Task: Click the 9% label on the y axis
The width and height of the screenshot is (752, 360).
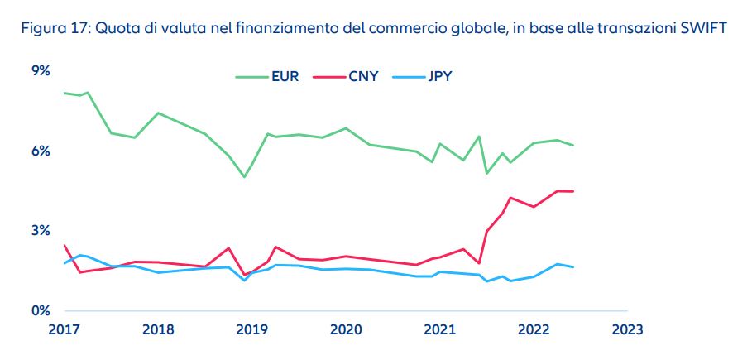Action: pyautogui.click(x=41, y=71)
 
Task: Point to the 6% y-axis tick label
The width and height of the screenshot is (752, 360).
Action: pyautogui.click(x=41, y=151)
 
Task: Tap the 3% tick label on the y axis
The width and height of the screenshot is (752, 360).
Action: pyautogui.click(x=41, y=231)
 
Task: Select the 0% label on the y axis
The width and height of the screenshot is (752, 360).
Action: pyautogui.click(x=41, y=310)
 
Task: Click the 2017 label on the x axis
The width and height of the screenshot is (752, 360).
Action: pyautogui.click(x=64, y=329)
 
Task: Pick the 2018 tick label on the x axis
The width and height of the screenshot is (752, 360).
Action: pyautogui.click(x=157, y=329)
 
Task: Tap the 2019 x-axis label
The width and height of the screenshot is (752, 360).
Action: pyautogui.click(x=251, y=329)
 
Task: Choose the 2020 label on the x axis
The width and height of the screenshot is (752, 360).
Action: pyautogui.click(x=345, y=329)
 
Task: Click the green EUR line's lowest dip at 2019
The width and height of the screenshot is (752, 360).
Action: pyautogui.click(x=244, y=177)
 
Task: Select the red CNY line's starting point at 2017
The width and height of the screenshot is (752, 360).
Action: pyautogui.click(x=64, y=245)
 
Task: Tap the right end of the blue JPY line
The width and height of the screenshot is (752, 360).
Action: pyautogui.click(x=573, y=267)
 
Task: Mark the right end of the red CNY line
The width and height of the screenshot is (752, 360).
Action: pyautogui.click(x=573, y=191)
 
